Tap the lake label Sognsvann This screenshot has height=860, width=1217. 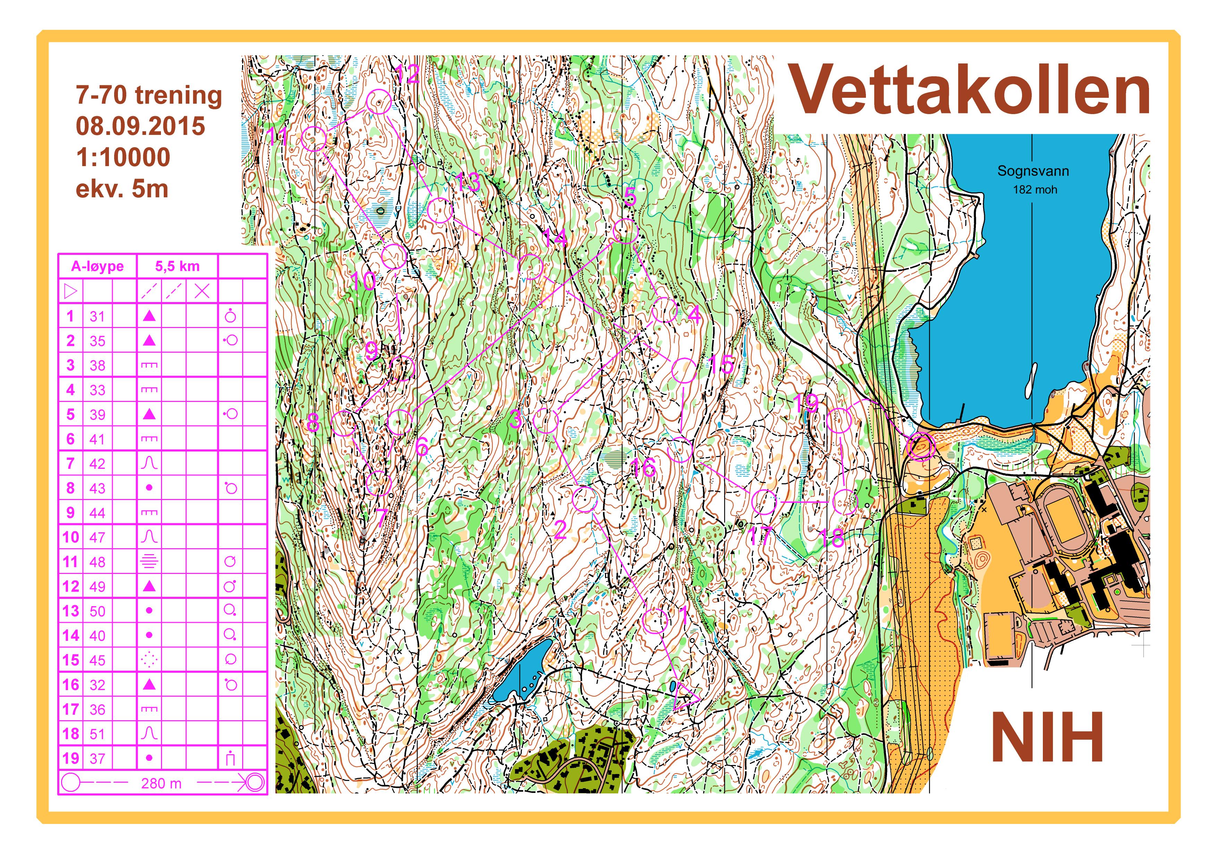pos(1033,171)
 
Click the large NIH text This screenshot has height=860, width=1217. pos(1047,738)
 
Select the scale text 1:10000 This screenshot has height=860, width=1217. pos(123,157)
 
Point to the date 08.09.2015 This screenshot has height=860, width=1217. pos(141,126)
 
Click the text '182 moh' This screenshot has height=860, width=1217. pos(1035,190)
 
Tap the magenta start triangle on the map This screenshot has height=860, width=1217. pos(684,696)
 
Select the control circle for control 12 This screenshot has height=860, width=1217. pos(379,102)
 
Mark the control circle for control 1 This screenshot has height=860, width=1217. pos(655,620)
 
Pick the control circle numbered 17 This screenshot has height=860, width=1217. pos(764,501)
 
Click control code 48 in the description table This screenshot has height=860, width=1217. pos(97,562)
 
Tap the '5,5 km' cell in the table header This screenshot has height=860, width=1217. pos(177,266)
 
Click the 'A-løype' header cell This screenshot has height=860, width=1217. pos(97,266)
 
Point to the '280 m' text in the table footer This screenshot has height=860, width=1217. pos(161,783)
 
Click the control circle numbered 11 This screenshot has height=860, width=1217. pos(313,139)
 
